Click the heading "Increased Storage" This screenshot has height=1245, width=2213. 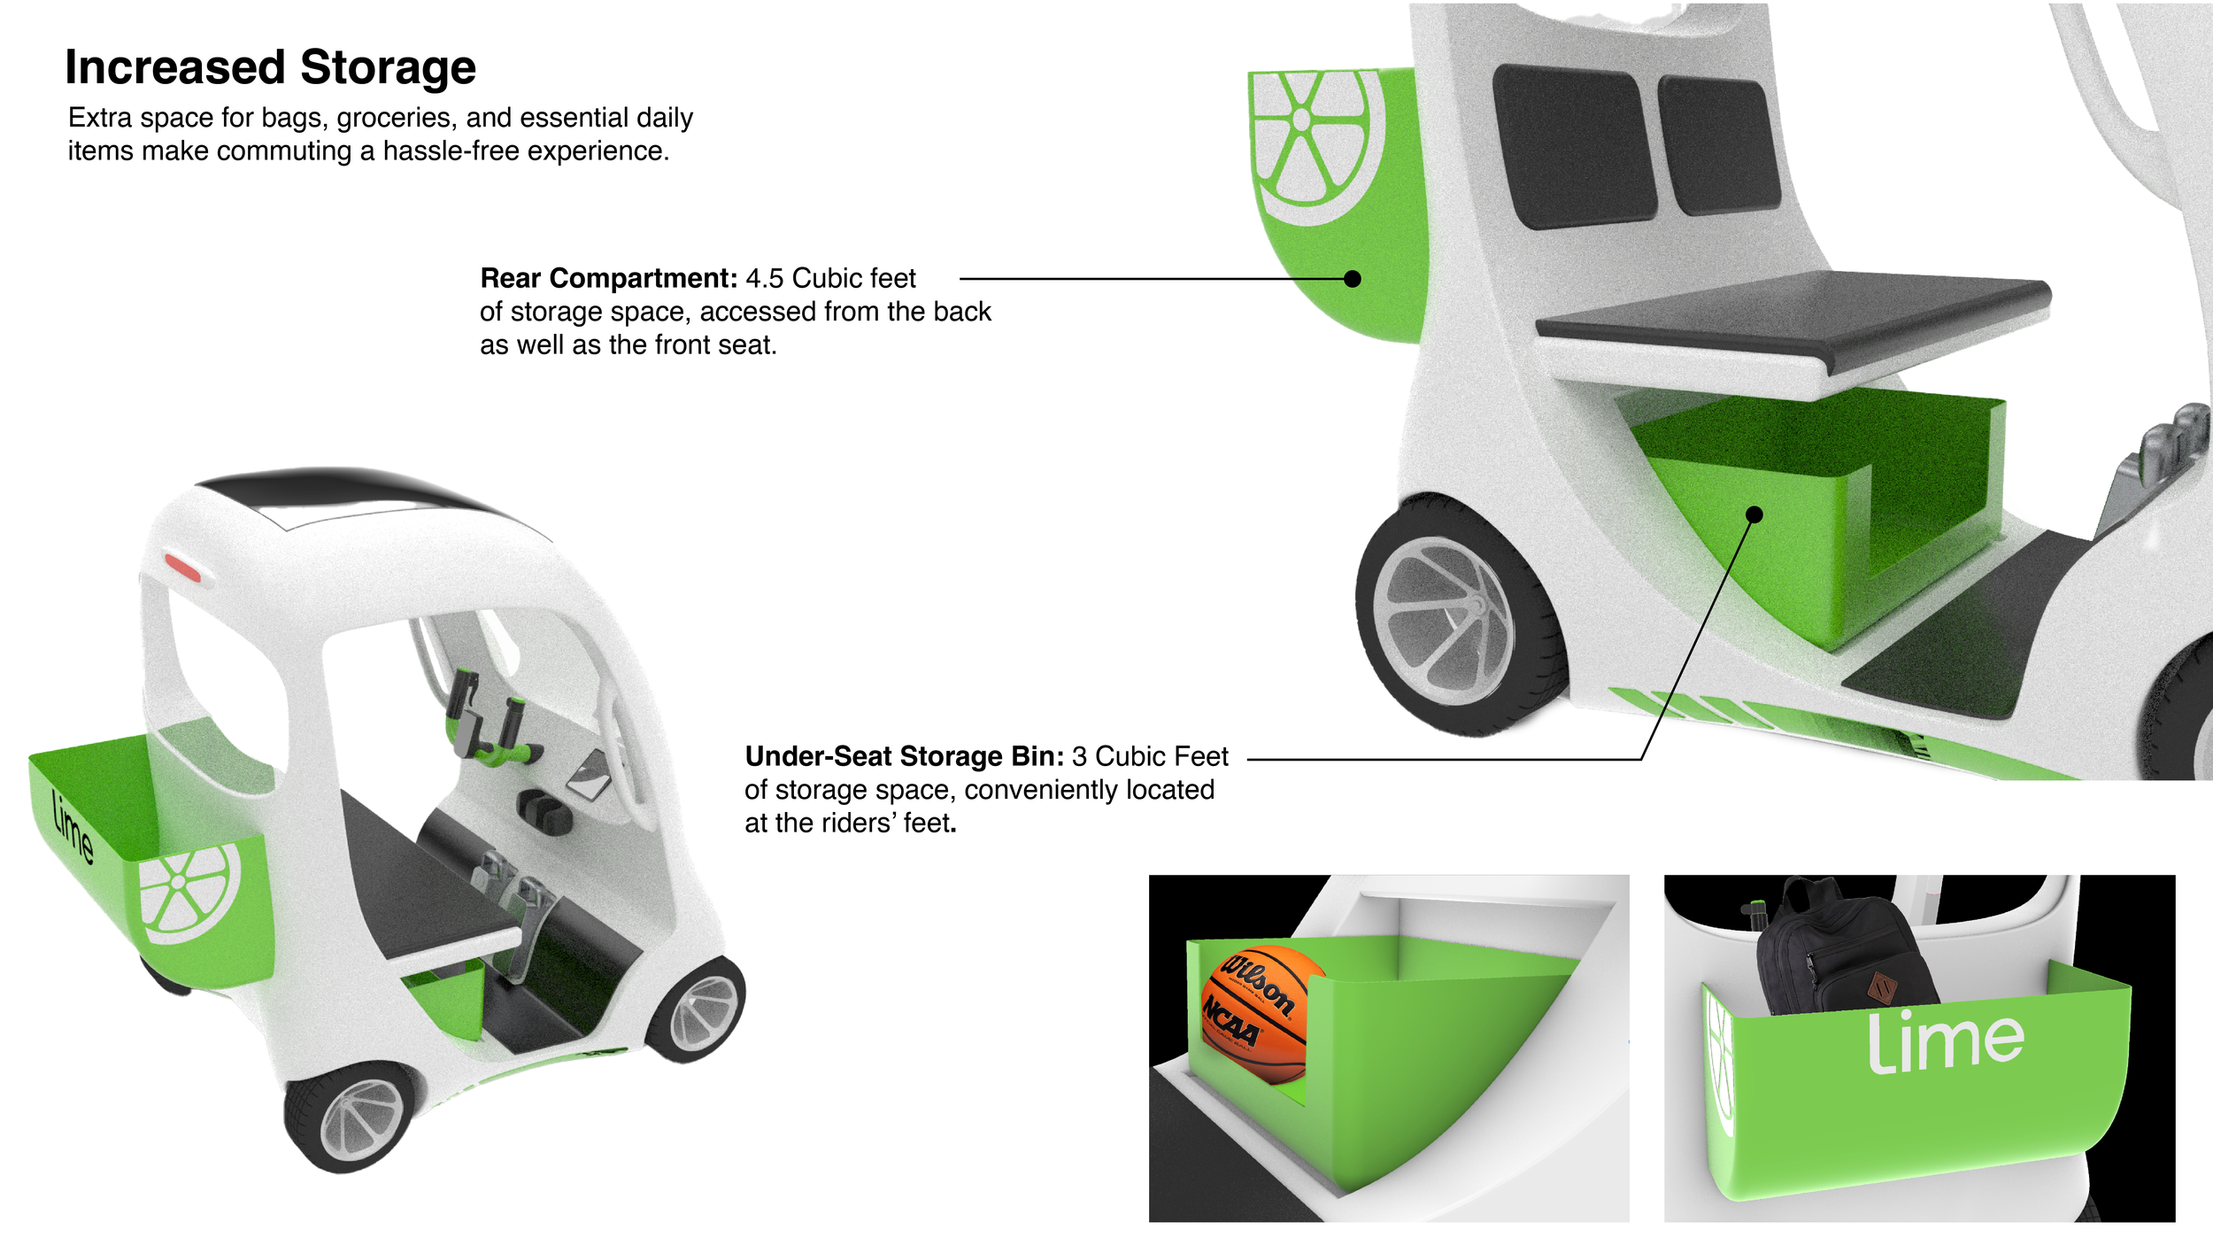pyautogui.click(x=270, y=67)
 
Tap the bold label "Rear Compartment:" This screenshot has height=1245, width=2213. pyautogui.click(x=608, y=278)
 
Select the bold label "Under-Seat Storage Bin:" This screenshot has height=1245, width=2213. pyautogui.click(x=904, y=756)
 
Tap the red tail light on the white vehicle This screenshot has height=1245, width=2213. pyautogui.click(x=183, y=567)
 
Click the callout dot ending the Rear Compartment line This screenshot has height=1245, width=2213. pyautogui.click(x=1352, y=279)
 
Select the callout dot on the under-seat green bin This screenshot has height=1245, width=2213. pyautogui.click(x=1754, y=514)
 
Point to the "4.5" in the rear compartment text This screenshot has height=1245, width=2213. pyautogui.click(x=765, y=278)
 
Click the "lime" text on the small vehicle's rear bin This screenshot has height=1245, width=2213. pyautogui.click(x=73, y=828)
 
